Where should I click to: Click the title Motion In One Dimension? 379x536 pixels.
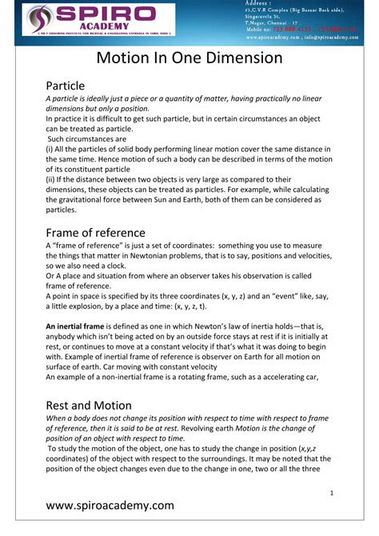(189, 58)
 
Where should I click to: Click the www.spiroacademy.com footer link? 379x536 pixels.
(110, 506)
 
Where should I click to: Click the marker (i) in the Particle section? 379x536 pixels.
(50, 149)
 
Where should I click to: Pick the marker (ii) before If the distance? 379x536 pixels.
(50, 180)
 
